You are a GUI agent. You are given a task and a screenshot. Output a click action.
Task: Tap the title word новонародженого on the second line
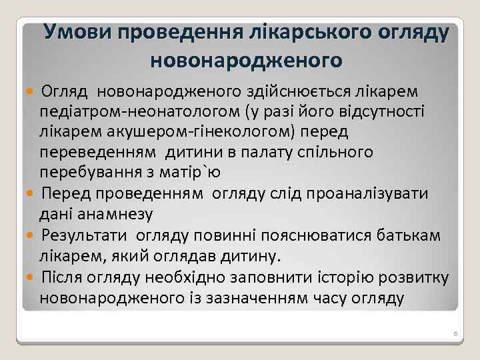[247, 61]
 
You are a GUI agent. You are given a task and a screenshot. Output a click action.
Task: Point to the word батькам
[403, 235]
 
